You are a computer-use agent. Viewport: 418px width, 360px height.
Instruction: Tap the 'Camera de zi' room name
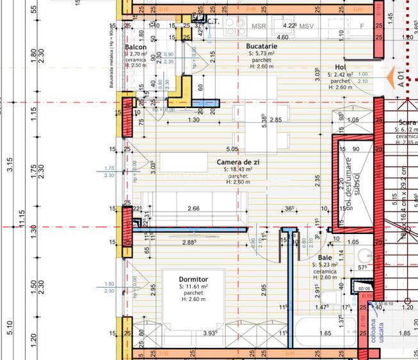coord(237,162)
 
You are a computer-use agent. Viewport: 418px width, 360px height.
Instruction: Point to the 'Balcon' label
coord(136,48)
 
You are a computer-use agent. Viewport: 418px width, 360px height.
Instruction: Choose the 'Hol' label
coord(340,67)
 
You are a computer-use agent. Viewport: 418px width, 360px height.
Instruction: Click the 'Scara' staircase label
coord(407,122)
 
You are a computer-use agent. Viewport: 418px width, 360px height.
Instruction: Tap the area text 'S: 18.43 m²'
coord(237,169)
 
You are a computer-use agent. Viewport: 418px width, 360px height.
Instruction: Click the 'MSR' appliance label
coord(259,27)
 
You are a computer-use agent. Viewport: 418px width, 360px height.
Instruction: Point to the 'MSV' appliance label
coord(307,27)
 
